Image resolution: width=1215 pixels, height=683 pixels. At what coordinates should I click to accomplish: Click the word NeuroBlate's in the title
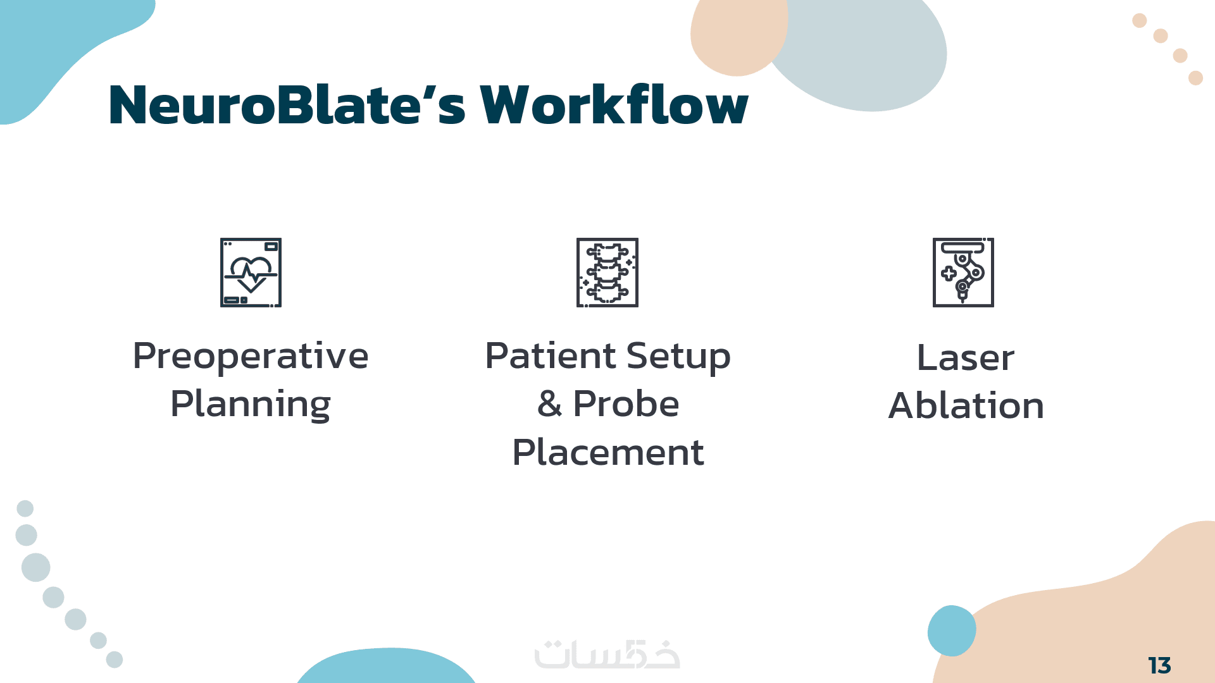(287, 104)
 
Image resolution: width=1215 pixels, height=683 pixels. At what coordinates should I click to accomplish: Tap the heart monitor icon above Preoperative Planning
(251, 273)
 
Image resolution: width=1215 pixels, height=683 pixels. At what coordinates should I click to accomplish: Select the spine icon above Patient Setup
(607, 273)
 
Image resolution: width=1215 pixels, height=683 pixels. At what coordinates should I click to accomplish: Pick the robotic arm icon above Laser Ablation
(963, 273)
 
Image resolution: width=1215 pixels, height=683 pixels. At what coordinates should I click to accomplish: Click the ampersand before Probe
(550, 404)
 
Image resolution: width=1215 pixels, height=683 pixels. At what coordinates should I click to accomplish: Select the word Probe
(626, 404)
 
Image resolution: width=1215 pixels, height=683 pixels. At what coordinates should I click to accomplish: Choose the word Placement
(608, 452)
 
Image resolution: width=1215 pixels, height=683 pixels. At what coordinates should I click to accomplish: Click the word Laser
(966, 358)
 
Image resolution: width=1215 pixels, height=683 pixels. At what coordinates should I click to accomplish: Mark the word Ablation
(966, 405)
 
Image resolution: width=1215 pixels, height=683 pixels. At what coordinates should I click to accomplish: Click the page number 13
(1159, 665)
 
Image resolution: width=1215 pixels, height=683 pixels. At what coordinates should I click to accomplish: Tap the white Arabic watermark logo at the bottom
(607, 655)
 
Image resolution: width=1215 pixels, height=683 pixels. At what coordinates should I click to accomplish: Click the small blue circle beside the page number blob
(952, 631)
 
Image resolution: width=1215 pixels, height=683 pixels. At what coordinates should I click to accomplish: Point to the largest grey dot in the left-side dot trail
(36, 567)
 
